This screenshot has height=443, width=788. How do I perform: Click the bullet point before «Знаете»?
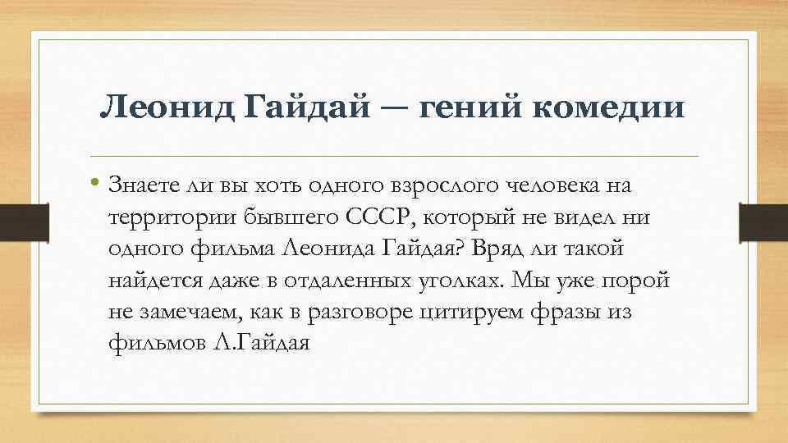pyautogui.click(x=96, y=183)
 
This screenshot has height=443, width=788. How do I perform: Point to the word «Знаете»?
pyautogui.click(x=144, y=185)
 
